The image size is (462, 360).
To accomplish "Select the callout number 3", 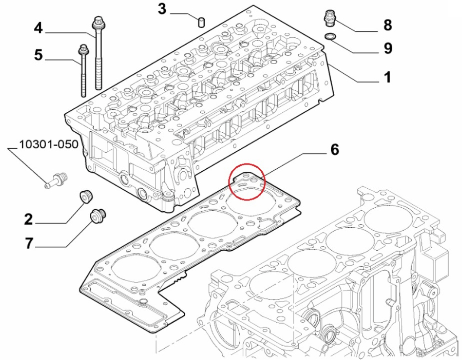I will tap(162, 9).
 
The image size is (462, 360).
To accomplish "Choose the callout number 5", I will tap(38, 54).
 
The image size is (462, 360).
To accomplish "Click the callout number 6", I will tap(334, 149).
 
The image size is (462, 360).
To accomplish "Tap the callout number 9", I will tap(388, 48).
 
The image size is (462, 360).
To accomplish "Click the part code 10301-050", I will tap(49, 144).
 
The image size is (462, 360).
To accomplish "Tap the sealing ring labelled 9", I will tap(331, 36).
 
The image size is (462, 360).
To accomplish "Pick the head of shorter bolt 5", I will tap(83, 50).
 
